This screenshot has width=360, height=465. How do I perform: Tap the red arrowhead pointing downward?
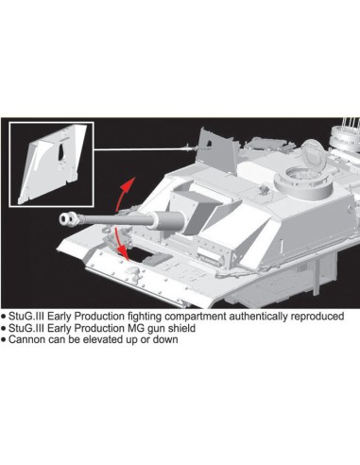click(x=129, y=255)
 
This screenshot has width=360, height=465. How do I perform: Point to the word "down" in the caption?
click(x=163, y=340)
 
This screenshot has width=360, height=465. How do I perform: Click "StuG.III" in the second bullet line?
click(x=27, y=328)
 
